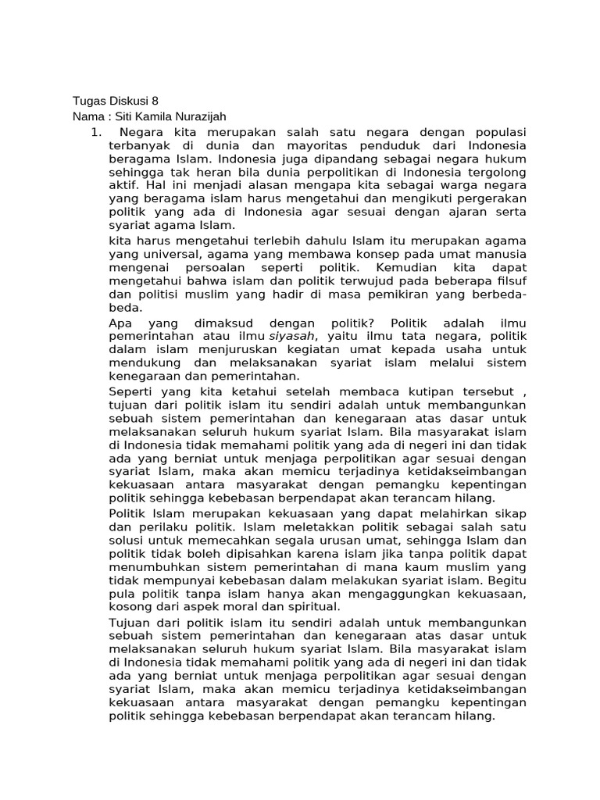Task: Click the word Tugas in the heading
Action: pos(88,102)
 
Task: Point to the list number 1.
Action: pos(95,132)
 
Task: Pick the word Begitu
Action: pos(507,580)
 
